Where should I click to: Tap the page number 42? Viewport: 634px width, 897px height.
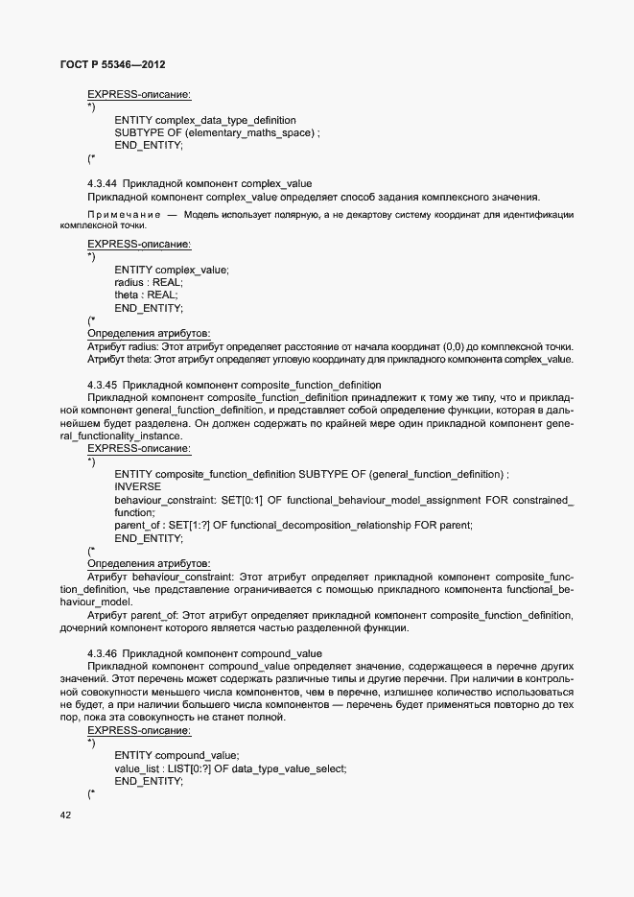point(65,814)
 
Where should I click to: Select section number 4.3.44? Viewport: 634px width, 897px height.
point(103,183)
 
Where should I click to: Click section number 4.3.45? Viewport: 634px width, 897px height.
point(103,385)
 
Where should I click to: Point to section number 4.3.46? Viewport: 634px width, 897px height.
point(103,652)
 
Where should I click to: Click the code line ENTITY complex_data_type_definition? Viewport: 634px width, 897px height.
point(204,120)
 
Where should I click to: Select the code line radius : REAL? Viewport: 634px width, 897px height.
point(148,282)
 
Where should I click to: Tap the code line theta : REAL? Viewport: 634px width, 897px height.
point(146,295)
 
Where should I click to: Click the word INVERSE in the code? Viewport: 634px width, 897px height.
point(137,486)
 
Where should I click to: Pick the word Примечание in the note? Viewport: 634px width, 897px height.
point(122,214)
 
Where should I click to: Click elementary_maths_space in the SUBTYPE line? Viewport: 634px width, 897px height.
point(250,132)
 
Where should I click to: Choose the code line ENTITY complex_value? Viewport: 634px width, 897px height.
point(172,270)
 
